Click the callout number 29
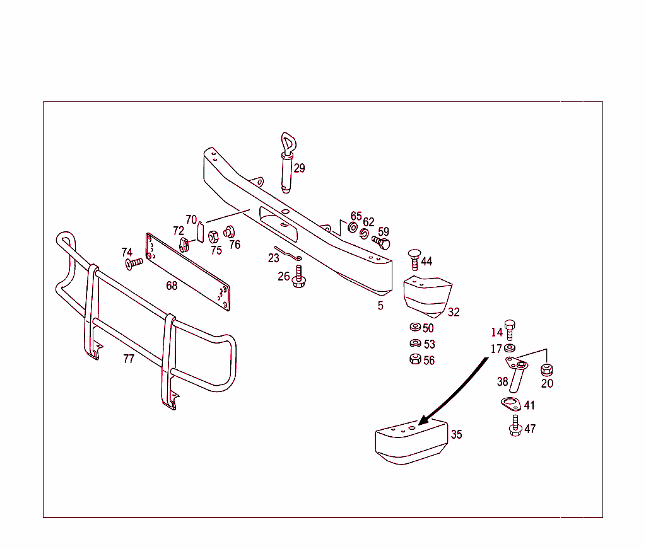(x=300, y=168)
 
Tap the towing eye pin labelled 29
(x=288, y=163)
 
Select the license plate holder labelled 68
(x=188, y=272)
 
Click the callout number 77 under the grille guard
(x=129, y=359)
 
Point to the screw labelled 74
(x=134, y=263)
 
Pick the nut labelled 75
(x=213, y=237)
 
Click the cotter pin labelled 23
(x=288, y=253)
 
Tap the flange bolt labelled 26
(x=298, y=276)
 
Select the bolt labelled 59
(x=381, y=242)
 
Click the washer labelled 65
(x=353, y=227)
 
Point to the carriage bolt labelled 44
(x=414, y=259)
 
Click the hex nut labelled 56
(x=415, y=359)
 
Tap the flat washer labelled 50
(x=415, y=327)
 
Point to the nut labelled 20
(x=546, y=369)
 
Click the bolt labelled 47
(x=515, y=425)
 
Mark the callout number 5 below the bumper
(x=380, y=306)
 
